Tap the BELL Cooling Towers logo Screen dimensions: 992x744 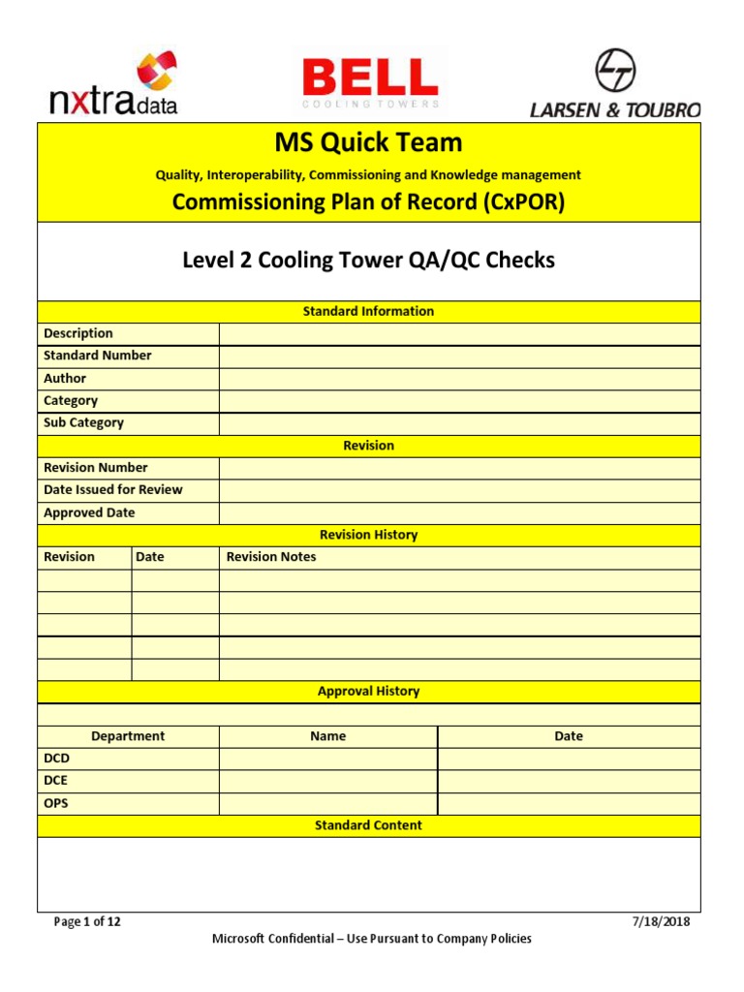(369, 81)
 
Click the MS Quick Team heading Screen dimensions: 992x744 (368, 143)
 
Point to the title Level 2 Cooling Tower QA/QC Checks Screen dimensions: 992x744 (368, 261)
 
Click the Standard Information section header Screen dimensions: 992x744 (368, 311)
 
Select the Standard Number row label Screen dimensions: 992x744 (98, 356)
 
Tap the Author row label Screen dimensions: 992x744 (65, 378)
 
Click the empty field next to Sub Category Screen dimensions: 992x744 (459, 423)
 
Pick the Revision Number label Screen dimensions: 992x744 (96, 468)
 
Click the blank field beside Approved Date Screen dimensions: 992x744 (459, 512)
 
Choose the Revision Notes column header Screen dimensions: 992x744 (271, 557)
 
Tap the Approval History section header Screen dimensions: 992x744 (368, 692)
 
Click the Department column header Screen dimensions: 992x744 (128, 736)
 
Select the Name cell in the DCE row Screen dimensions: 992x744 (328, 781)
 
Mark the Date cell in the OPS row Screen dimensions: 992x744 (569, 803)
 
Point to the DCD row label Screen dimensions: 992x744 (57, 759)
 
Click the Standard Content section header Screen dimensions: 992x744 (368, 825)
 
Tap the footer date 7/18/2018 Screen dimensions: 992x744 (660, 922)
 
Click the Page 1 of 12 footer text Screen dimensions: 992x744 (87, 922)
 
